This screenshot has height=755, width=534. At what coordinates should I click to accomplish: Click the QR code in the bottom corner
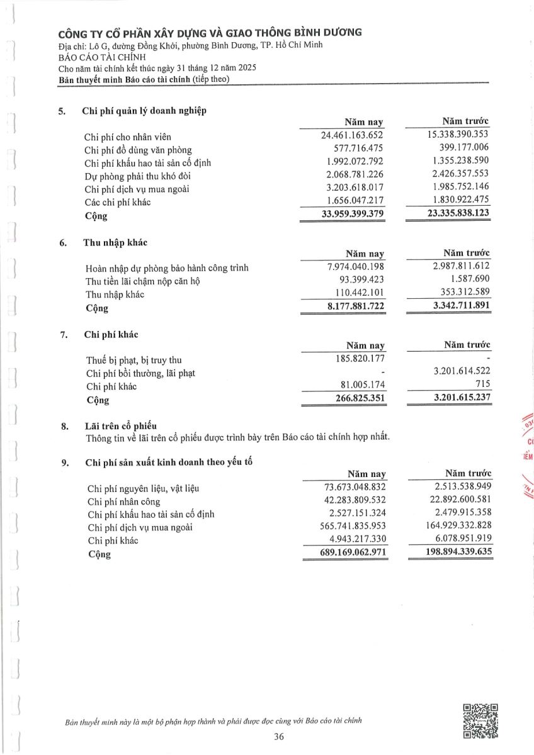click(480, 721)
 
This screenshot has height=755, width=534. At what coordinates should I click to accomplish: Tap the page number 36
click(280, 737)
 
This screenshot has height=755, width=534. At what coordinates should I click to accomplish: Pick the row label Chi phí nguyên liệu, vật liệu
click(146, 488)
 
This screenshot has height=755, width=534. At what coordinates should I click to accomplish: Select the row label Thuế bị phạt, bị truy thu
click(133, 360)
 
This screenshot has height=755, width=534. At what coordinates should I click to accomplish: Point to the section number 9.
click(65, 463)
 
